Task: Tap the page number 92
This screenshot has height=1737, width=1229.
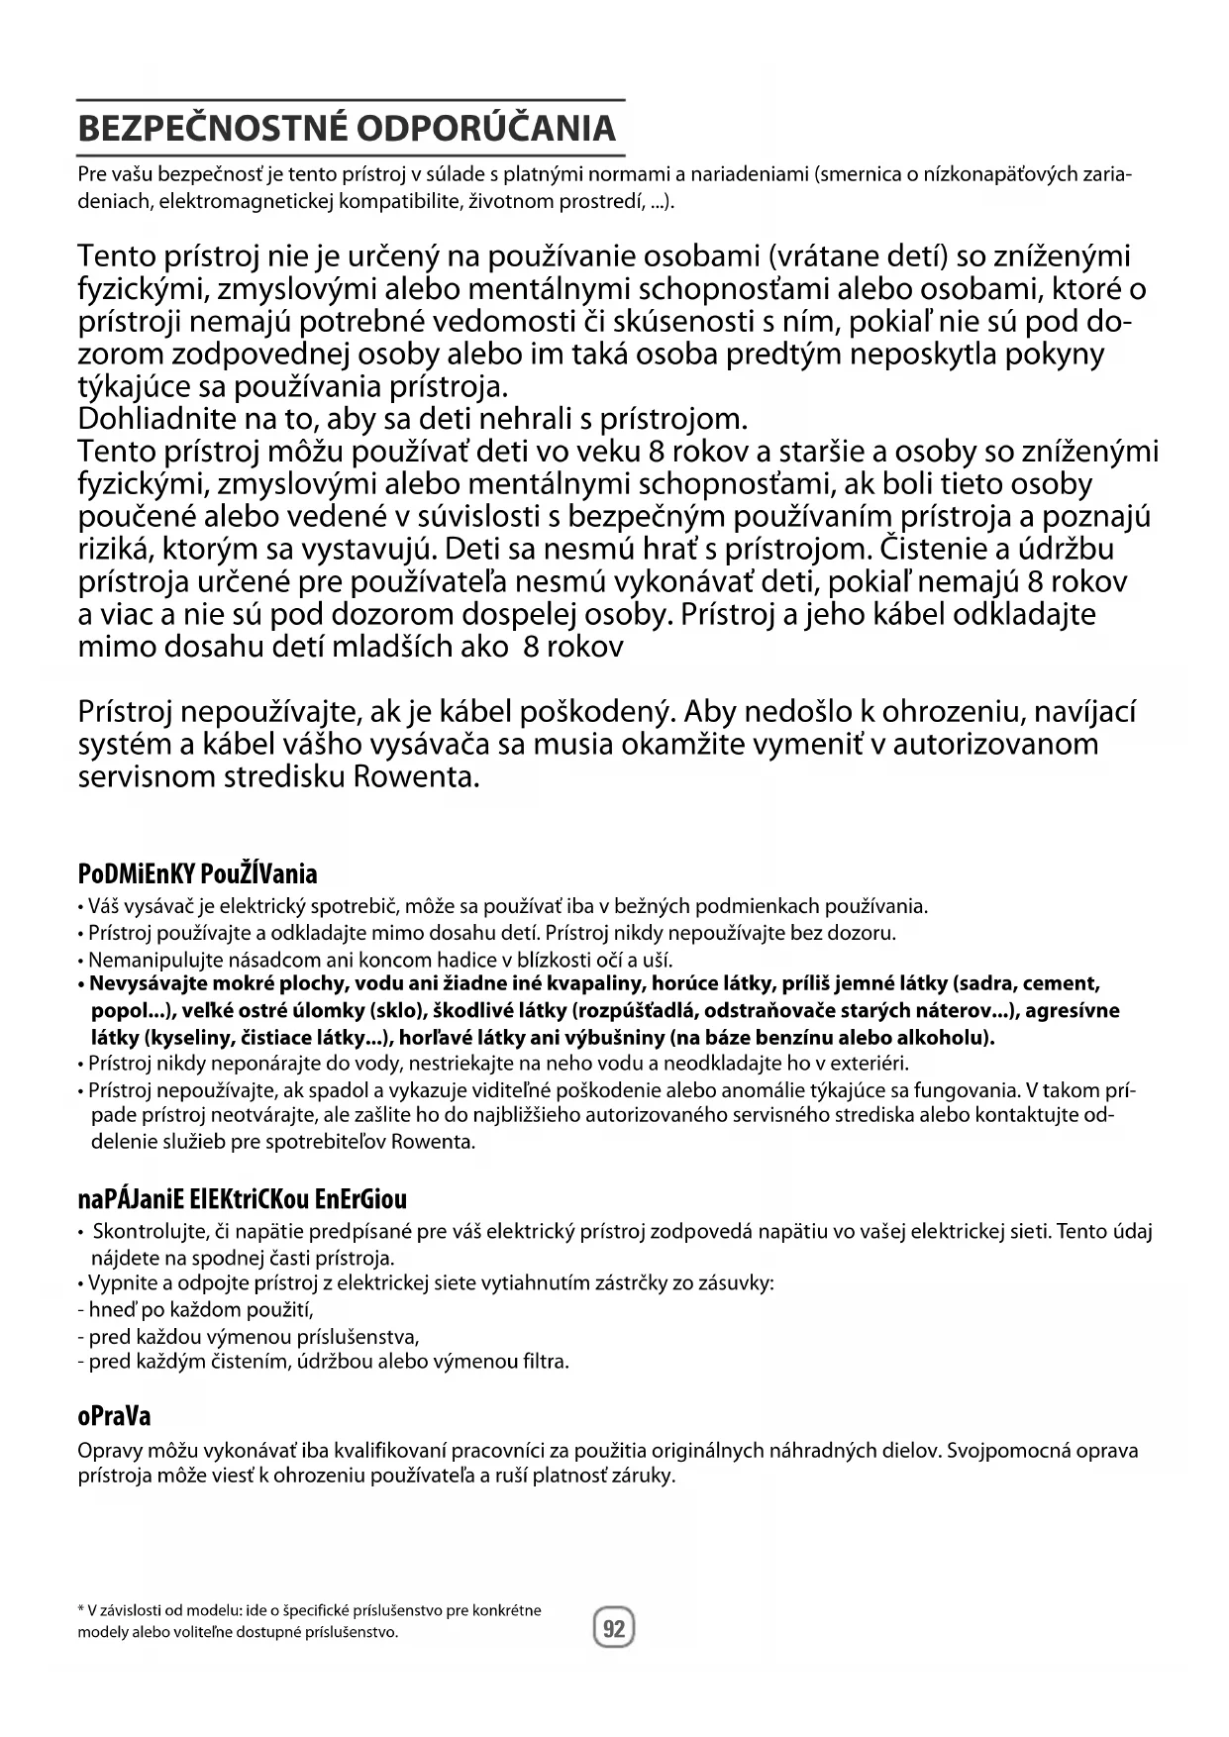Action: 614,1628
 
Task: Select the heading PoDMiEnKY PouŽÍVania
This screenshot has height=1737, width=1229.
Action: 197,873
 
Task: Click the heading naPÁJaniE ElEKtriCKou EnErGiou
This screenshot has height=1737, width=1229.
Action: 242,1199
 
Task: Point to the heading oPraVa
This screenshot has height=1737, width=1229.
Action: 114,1415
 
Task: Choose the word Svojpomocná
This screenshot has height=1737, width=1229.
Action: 1006,1450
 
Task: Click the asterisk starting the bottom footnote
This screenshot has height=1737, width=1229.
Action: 82,1609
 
